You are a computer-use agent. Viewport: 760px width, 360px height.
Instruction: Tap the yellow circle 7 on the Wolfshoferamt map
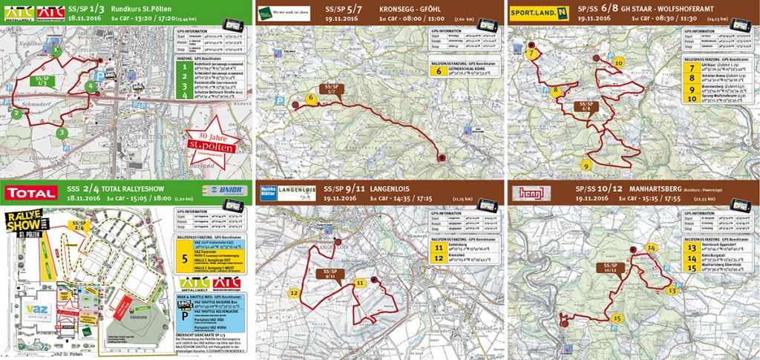[x=531, y=53]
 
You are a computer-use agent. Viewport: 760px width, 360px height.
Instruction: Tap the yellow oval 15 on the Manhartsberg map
[x=617, y=318]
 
